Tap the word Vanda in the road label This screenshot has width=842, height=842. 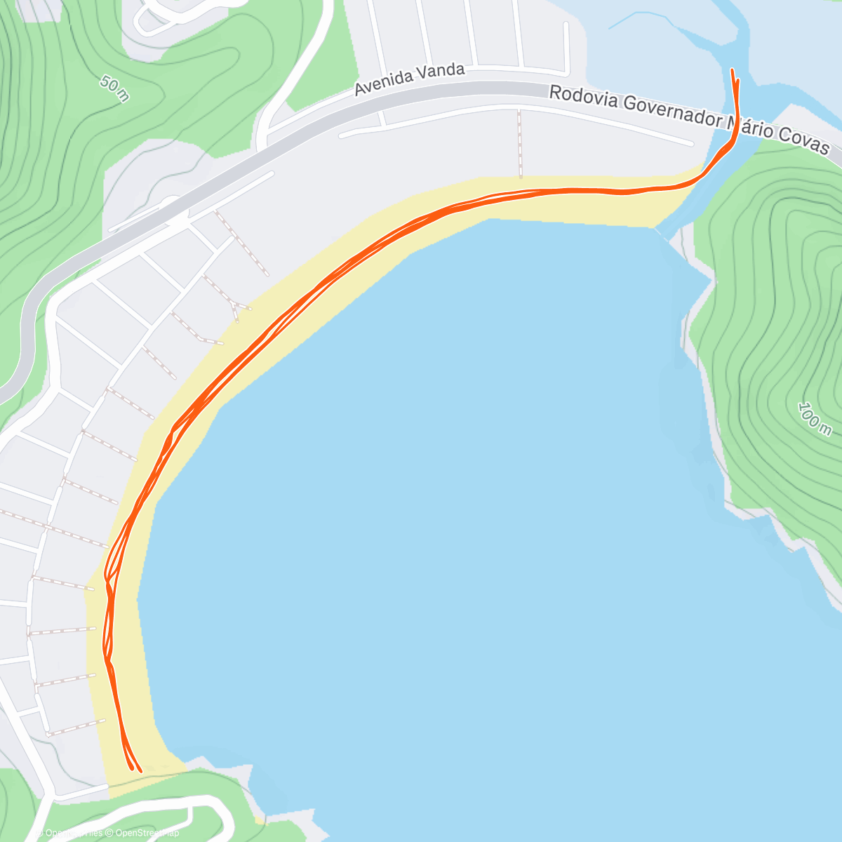[x=440, y=71]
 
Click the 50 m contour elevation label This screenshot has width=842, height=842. [x=114, y=88]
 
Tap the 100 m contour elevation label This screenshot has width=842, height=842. [x=813, y=419]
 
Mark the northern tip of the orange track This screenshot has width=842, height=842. [x=733, y=70]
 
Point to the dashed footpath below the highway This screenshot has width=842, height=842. [x=520, y=144]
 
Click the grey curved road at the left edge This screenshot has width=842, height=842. [x=28, y=337]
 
